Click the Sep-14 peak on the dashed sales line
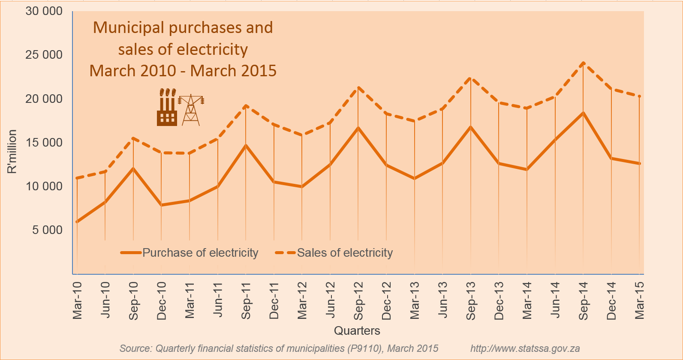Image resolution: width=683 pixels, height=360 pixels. pyautogui.click(x=583, y=63)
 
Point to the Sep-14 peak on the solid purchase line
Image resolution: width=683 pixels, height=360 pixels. pyautogui.click(x=583, y=113)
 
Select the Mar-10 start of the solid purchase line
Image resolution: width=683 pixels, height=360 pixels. pyautogui.click(x=77, y=222)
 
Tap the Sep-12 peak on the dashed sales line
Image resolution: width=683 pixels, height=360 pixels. pyautogui.click(x=358, y=88)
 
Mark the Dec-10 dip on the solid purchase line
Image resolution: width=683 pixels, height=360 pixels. pyautogui.click(x=161, y=205)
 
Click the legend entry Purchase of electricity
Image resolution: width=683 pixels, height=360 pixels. pyautogui.click(x=200, y=253)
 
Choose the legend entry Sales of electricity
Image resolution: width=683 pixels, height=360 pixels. pyautogui.click(x=345, y=253)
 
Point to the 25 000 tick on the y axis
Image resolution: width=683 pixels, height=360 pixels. pyautogui.click(x=44, y=55)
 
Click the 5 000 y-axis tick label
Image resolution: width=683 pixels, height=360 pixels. pyautogui.click(x=47, y=230)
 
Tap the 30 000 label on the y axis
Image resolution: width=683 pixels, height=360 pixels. pyautogui.click(x=44, y=11)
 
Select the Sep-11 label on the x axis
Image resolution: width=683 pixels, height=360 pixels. pyautogui.click(x=246, y=300)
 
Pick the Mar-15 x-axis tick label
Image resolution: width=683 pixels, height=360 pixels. pyautogui.click(x=639, y=300)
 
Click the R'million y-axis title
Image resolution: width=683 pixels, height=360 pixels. pyautogui.click(x=12, y=152)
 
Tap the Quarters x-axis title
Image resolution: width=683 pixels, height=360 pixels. pyautogui.click(x=357, y=331)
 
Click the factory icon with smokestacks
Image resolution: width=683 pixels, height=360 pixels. pyautogui.click(x=167, y=108)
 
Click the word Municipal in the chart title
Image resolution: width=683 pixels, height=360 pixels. pyautogui.click(x=129, y=28)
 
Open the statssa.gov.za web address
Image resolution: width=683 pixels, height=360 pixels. pyautogui.click(x=525, y=348)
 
